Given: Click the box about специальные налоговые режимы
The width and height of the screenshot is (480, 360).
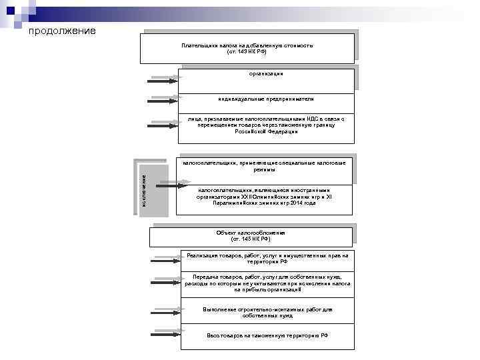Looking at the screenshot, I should coord(264,166).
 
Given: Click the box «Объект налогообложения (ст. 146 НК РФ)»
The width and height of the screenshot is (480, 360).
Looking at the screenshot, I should coord(251,235).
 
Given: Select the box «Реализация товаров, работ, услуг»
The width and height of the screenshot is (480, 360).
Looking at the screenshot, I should coord(267,259).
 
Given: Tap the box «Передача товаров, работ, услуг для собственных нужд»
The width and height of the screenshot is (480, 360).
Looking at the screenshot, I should coord(267,283).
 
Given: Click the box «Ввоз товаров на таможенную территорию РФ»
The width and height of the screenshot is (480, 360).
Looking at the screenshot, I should coord(267,335).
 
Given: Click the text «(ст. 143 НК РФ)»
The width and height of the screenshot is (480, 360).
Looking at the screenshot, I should coord(247,51).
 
